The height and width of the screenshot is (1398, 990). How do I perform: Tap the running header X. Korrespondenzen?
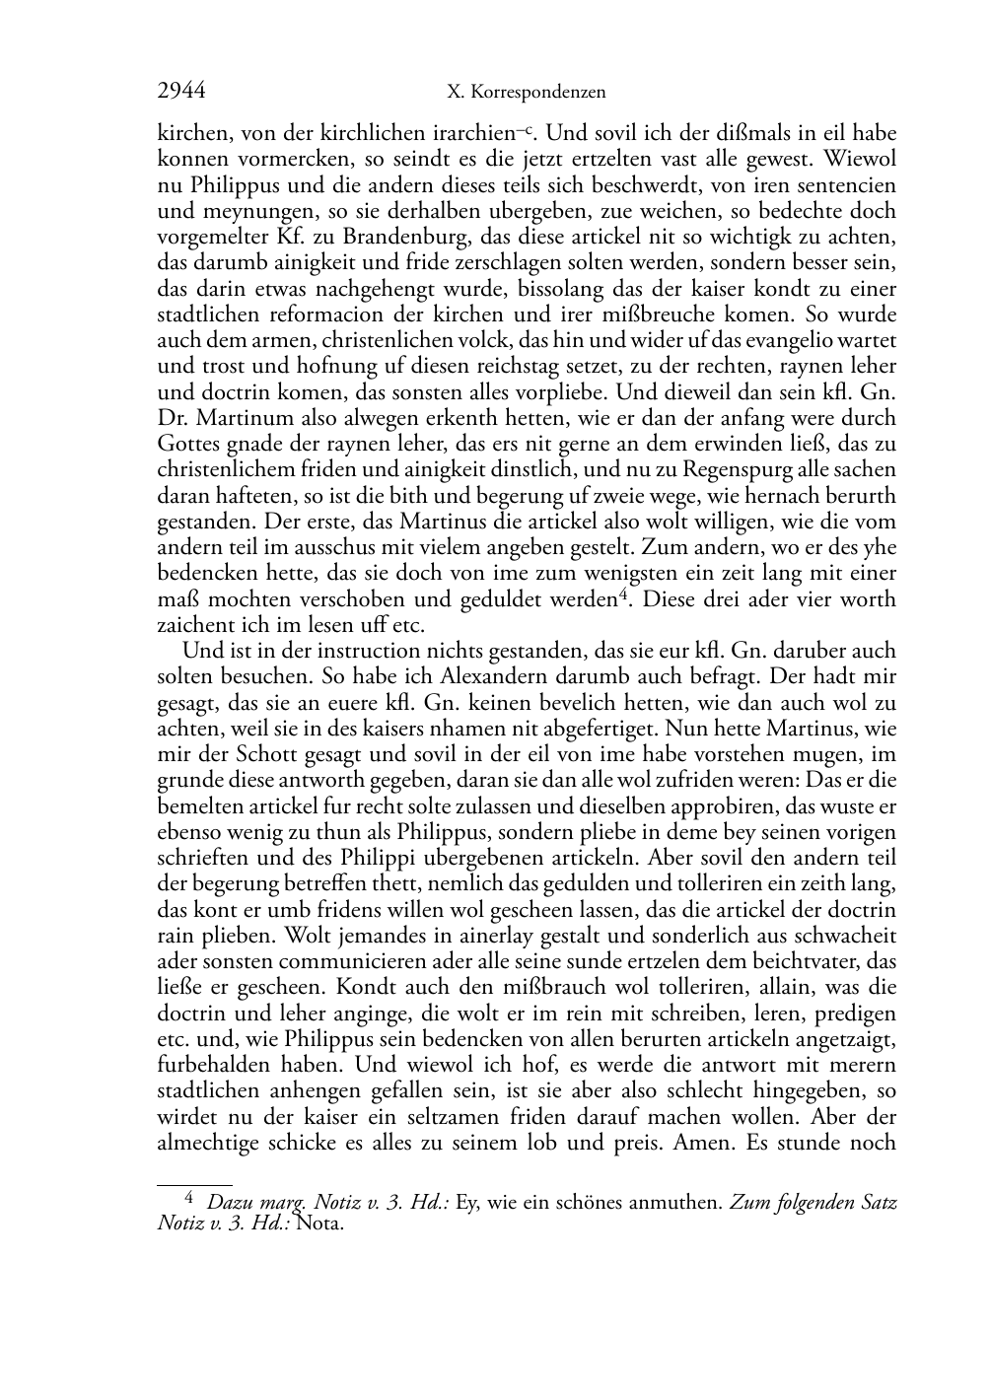[x=526, y=93]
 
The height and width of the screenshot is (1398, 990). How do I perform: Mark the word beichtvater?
[x=807, y=961]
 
